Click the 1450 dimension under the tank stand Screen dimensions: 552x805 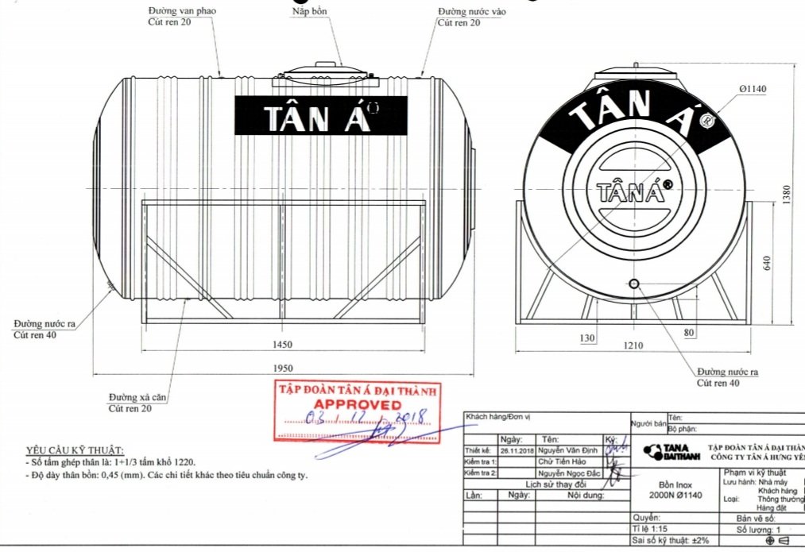click(282, 344)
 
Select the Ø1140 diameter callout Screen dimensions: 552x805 click(752, 89)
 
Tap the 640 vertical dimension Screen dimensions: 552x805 click(768, 263)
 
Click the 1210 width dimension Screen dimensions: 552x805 click(633, 345)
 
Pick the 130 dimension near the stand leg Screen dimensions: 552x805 click(587, 338)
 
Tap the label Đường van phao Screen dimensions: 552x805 click(182, 11)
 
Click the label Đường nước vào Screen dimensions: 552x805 click(472, 12)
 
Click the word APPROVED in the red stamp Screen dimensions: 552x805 click(354, 404)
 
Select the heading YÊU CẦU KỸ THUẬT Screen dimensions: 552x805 click(75, 450)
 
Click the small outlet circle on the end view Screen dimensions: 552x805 click(634, 284)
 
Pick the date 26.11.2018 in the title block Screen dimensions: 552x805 click(517, 450)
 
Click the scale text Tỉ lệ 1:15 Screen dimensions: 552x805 click(654, 528)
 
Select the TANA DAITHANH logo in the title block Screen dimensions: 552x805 click(666, 451)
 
